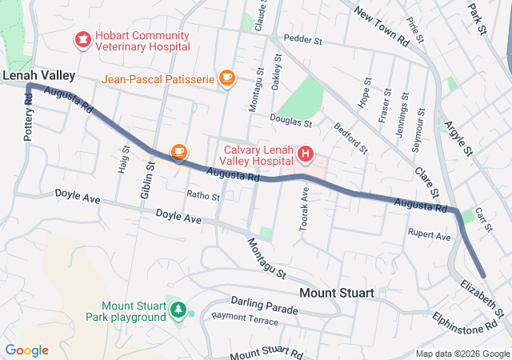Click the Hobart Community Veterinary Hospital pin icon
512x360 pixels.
pos(82,38)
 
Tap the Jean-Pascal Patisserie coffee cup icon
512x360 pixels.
pos(226,78)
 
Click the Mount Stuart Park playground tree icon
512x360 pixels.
pos(178,309)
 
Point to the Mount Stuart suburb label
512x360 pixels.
pos(336,293)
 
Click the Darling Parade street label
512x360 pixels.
pos(263,302)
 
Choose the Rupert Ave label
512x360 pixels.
pos(430,236)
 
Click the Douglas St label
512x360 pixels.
pos(291,122)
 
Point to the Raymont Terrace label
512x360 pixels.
pos(245,319)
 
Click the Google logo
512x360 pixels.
pos(26,350)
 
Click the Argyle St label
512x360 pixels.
pos(459,137)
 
